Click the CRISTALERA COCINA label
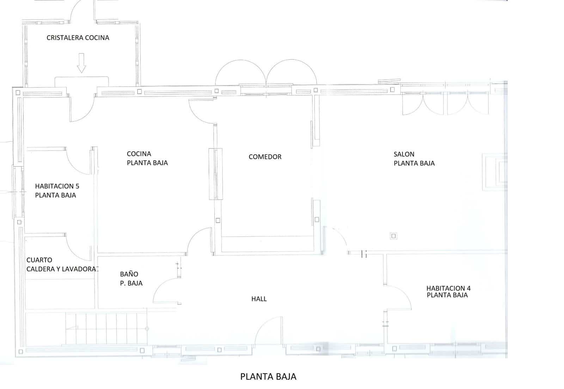pyautogui.click(x=78, y=38)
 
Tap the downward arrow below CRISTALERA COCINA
pyautogui.click(x=81, y=63)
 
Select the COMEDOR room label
pyautogui.click(x=265, y=157)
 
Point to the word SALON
pyautogui.click(x=404, y=154)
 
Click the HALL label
pyautogui.click(x=259, y=299)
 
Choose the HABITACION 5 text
pyautogui.click(x=57, y=186)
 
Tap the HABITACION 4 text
pyautogui.click(x=448, y=288)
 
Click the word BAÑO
pyautogui.click(x=129, y=274)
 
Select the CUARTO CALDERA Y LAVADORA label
pyautogui.click(x=62, y=265)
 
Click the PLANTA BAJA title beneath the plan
pyautogui.click(x=268, y=377)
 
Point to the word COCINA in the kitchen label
pyautogui.click(x=139, y=154)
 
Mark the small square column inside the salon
pyautogui.click(x=393, y=236)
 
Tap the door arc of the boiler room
pyautogui.click(x=74, y=251)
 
